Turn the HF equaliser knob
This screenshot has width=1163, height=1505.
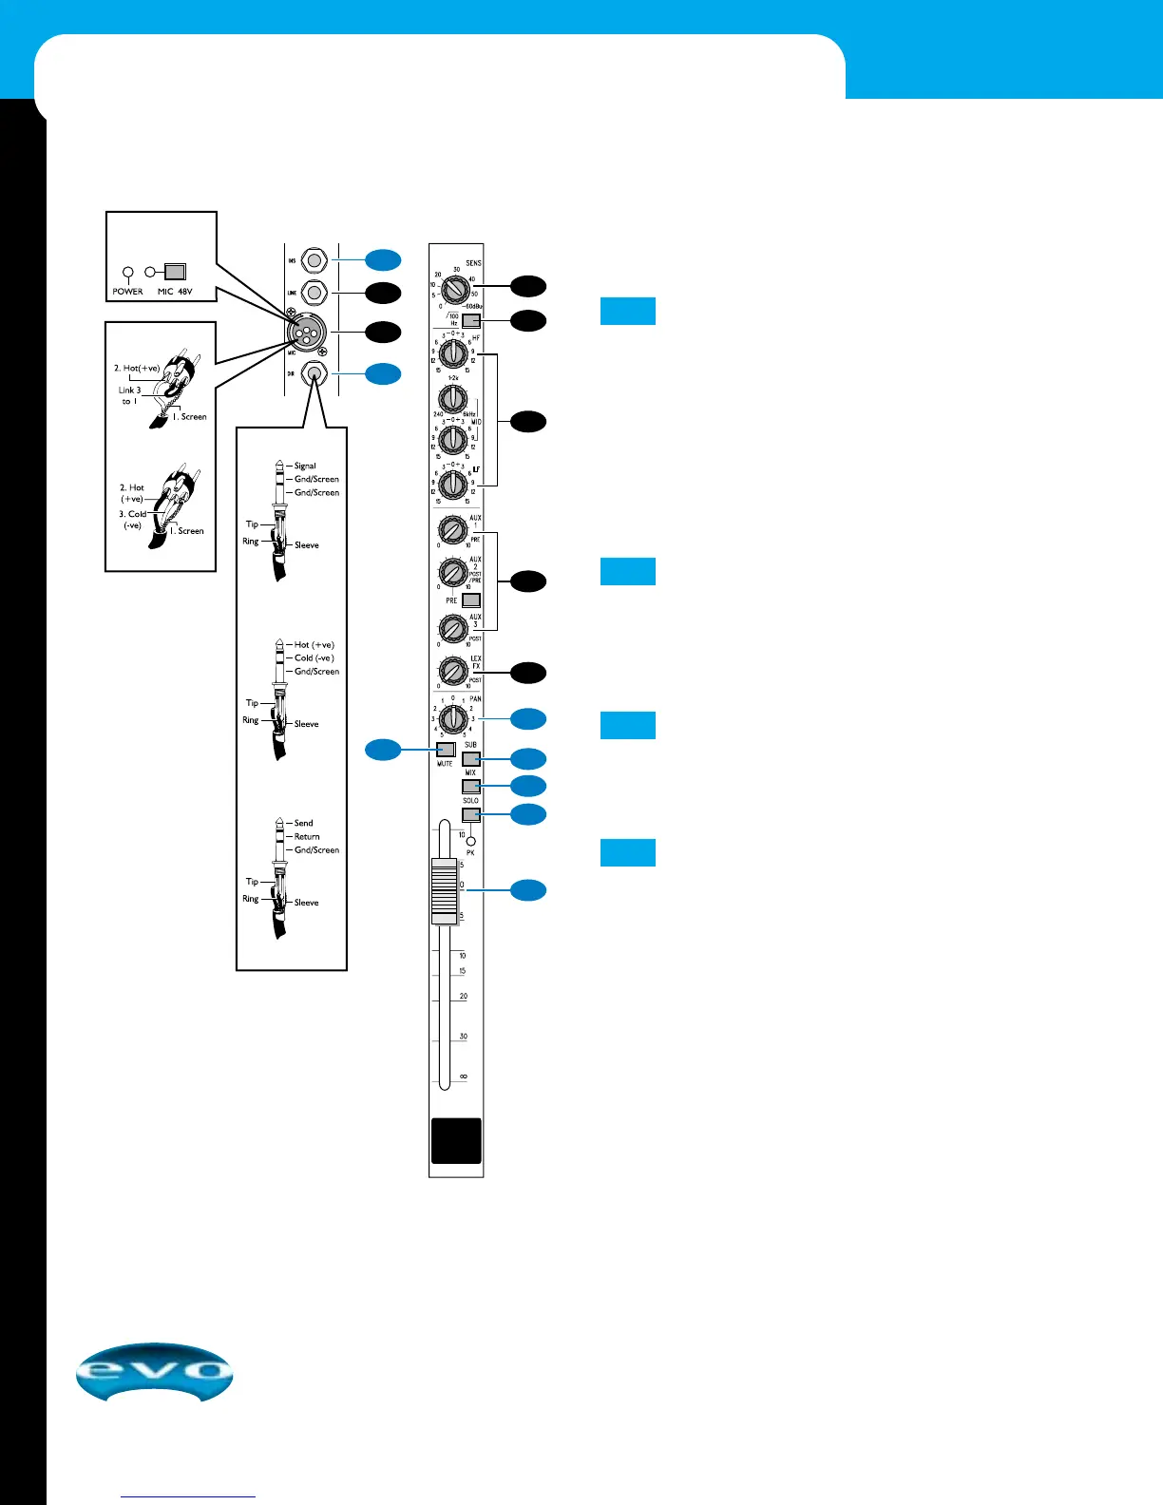click(453, 354)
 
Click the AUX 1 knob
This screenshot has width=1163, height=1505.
click(450, 529)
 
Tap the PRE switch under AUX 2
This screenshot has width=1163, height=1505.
click(470, 600)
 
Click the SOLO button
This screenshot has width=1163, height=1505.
click(470, 814)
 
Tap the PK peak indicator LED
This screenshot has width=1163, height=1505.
click(470, 841)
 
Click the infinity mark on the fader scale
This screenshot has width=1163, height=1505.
click(463, 1076)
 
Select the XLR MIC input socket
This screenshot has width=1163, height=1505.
click(315, 333)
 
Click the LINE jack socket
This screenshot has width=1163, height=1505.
click(315, 293)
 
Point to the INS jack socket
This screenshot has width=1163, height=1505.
click(315, 259)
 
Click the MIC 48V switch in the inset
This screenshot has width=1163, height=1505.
click(175, 272)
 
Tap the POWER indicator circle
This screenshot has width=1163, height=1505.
click(128, 272)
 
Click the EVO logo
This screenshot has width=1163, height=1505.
click(154, 1372)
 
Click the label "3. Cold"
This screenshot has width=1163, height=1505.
click(133, 514)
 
